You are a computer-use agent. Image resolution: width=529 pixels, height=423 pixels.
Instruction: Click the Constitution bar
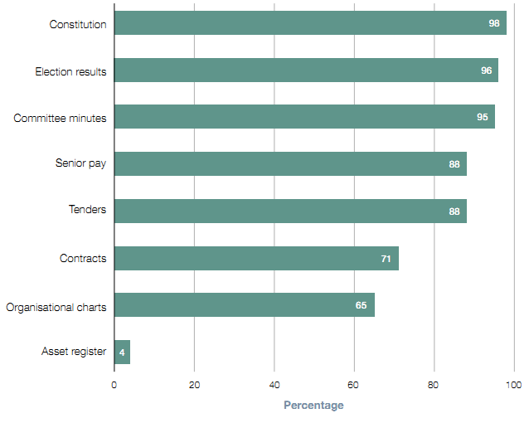(x=310, y=23)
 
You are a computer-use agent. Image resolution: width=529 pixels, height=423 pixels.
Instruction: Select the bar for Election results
(x=306, y=70)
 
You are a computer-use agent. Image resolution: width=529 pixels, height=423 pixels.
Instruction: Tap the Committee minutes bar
(x=304, y=117)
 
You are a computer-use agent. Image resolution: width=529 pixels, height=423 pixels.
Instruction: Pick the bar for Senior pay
(x=290, y=164)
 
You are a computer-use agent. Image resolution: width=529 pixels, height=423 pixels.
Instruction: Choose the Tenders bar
(x=290, y=211)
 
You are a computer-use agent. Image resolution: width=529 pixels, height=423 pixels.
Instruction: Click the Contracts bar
(x=256, y=259)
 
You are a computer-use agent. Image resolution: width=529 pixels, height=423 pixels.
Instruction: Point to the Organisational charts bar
(x=245, y=305)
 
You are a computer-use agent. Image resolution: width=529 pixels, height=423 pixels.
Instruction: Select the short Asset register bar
(x=122, y=352)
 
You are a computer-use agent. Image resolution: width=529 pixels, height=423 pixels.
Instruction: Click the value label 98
(x=494, y=24)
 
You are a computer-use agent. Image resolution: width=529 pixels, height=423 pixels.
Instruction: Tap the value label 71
(x=386, y=259)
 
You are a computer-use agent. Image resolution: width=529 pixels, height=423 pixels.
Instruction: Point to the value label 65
(x=362, y=305)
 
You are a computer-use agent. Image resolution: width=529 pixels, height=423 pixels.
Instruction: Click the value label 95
(x=483, y=118)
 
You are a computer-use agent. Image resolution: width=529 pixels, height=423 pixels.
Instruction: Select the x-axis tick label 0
(x=114, y=385)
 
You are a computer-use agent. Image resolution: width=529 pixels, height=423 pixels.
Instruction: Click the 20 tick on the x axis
(x=194, y=385)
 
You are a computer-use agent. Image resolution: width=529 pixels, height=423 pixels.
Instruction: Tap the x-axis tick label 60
(x=354, y=385)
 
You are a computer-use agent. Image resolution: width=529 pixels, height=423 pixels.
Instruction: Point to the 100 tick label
(x=514, y=385)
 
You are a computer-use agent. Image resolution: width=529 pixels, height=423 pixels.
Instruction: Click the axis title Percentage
(x=313, y=406)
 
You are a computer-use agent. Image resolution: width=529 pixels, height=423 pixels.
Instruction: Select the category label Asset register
(x=74, y=352)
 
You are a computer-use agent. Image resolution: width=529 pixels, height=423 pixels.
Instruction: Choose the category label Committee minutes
(x=60, y=118)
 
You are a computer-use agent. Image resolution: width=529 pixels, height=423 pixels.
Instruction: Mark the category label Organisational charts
(x=56, y=307)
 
